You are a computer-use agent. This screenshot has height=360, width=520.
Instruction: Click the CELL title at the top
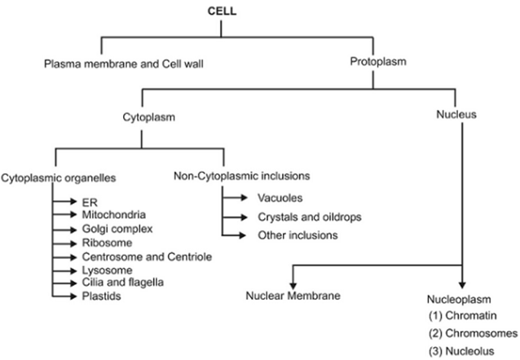coord(222,11)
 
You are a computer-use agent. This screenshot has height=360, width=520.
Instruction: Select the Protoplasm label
coord(378,62)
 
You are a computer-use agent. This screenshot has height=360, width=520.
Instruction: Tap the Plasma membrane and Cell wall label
coord(124,64)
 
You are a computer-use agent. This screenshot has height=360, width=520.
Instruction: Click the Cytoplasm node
coord(149,117)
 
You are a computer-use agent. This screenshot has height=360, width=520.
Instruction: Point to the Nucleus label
coord(456,114)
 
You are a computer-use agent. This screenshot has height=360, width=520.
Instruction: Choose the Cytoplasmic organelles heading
coord(59,178)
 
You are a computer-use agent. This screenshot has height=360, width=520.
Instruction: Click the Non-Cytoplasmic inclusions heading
coord(242,176)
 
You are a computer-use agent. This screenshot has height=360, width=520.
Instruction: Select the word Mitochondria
coord(114,215)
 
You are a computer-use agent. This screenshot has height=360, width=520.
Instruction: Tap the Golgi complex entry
coord(117,229)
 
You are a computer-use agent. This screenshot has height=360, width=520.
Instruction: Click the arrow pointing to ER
coord(64,201)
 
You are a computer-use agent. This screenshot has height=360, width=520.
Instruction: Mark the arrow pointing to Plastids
coord(64,296)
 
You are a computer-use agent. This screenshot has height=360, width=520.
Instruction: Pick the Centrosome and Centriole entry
coord(147,257)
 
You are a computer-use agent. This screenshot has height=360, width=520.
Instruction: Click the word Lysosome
coord(107,270)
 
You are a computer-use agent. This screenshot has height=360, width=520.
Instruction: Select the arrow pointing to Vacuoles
coord(235,198)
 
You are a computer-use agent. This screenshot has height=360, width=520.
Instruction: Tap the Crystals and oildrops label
coord(310,217)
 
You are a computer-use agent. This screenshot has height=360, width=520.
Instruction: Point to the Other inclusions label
coord(297,235)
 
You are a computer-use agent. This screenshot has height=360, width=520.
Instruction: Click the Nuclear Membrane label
coord(293,296)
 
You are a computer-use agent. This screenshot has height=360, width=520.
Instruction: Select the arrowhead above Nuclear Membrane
coord(293,286)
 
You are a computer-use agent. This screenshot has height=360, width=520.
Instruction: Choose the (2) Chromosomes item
coord(473,333)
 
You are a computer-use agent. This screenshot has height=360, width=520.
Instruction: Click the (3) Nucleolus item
coord(461,351)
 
